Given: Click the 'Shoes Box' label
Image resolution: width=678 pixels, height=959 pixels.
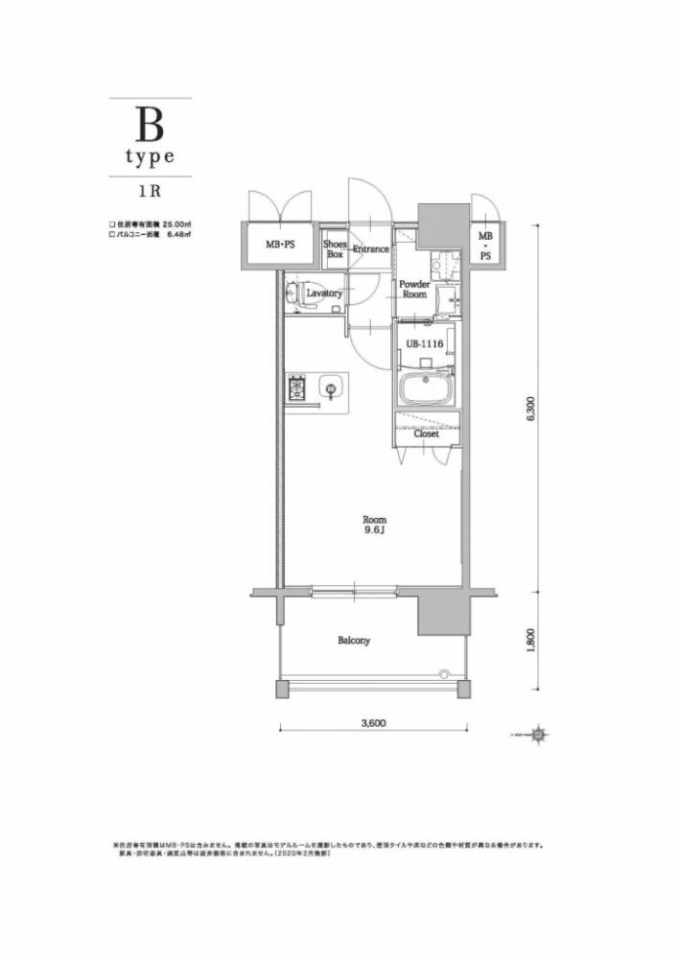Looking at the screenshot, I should pyautogui.click(x=335, y=248).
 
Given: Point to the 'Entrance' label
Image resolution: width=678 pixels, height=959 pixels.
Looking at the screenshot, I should pyautogui.click(x=370, y=249).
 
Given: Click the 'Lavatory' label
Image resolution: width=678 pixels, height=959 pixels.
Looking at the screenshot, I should pyautogui.click(x=324, y=293).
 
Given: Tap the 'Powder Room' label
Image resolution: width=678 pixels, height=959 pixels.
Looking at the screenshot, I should pyautogui.click(x=414, y=290).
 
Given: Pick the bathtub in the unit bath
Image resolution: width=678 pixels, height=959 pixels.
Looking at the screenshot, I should pyautogui.click(x=428, y=391).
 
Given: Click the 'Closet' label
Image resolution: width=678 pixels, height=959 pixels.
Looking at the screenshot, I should pyautogui.click(x=427, y=433).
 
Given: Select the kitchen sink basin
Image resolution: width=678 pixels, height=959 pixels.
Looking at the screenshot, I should pyautogui.click(x=330, y=389).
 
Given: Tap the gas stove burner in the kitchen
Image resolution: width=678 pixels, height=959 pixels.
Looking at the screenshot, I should pyautogui.click(x=295, y=389).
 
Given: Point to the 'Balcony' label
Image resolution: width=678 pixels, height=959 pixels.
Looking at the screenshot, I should pyautogui.click(x=353, y=640).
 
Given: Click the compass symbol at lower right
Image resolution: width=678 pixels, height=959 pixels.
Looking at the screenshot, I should pyautogui.click(x=539, y=736).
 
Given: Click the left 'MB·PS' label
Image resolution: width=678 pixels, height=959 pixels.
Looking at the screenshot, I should pyautogui.click(x=280, y=245).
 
